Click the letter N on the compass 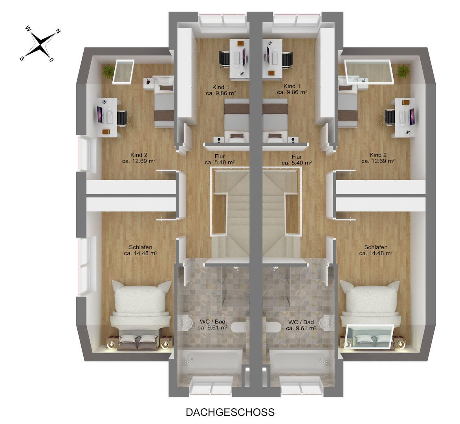pos(59,31)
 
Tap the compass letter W pos(28,28)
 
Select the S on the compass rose pos(22,58)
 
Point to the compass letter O pos(51,60)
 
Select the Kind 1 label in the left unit pos(221,87)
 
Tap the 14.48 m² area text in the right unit pos(376,253)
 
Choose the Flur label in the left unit pos(220,157)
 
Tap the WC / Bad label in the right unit pos(301,322)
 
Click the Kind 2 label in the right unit pos(378,155)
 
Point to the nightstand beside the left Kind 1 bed pos(218,140)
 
